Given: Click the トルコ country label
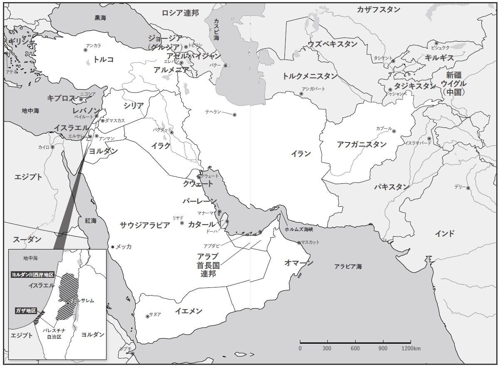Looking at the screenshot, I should [x=104, y=60].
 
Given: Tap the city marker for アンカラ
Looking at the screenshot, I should [x=86, y=50].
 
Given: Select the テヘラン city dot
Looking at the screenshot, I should [x=235, y=115].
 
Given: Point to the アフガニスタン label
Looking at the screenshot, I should [x=361, y=145].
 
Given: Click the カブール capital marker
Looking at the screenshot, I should [x=394, y=131].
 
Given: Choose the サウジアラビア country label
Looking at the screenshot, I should [x=145, y=225].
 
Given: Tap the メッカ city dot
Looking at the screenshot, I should [x=112, y=247].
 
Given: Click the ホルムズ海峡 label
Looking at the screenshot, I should [x=299, y=230].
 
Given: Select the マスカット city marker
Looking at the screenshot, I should [x=299, y=243].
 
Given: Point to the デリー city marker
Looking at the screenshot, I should [x=468, y=188].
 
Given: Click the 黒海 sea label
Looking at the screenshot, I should [x=100, y=18].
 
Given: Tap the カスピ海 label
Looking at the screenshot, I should [x=216, y=29].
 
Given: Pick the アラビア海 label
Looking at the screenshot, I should [x=348, y=266].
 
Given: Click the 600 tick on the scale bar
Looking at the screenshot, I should [x=355, y=343].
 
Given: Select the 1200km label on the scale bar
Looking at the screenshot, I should [x=411, y=348].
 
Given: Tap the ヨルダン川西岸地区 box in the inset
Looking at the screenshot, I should [x=32, y=275].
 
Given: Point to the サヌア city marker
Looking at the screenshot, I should [x=147, y=317].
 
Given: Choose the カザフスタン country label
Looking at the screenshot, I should [x=378, y=10].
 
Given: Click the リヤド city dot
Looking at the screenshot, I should [x=182, y=223].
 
